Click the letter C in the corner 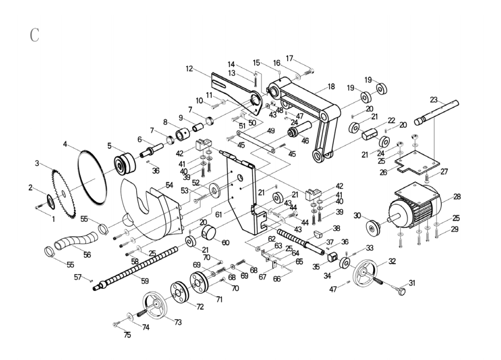pos(35,36)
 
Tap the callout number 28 pos(457,197)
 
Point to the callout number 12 pos(189,68)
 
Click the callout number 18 pos(331,86)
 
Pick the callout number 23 pos(433,100)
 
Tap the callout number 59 pos(145,281)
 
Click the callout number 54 pos(169,186)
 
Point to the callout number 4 pos(65,144)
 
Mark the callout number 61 pos(218,214)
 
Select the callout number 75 pos(127,335)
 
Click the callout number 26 pos(383,172)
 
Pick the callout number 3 pos(37,164)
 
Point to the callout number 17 pos(289,58)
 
